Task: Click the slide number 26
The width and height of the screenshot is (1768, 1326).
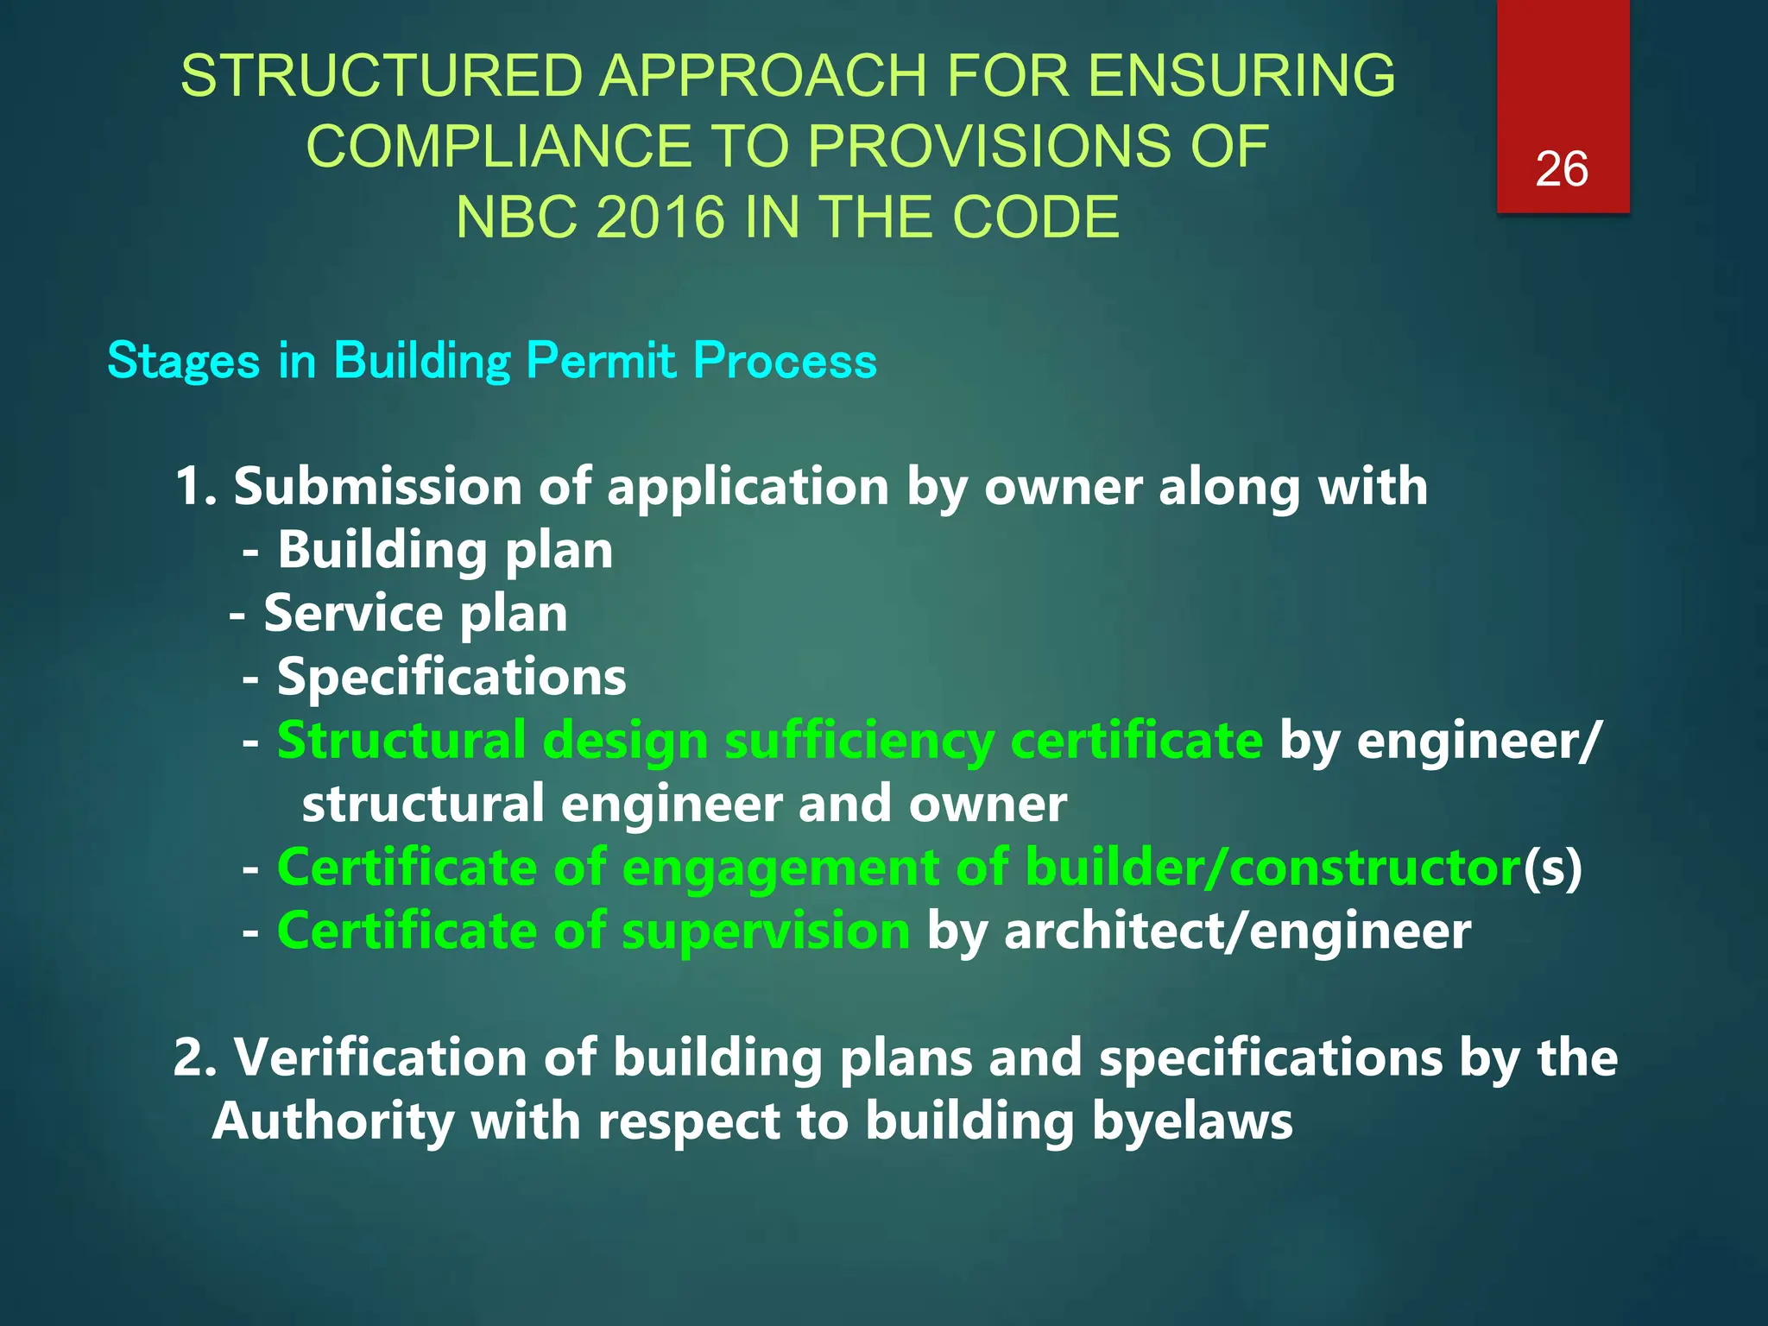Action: click(1561, 169)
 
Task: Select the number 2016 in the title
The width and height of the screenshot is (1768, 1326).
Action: click(660, 217)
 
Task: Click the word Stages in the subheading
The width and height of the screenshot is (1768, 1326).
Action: click(183, 361)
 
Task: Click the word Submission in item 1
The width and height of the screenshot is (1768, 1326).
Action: click(377, 487)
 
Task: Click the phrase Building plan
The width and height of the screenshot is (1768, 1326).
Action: click(445, 550)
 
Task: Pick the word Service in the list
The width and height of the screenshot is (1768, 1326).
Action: click(352, 614)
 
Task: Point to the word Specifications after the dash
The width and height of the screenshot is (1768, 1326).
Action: click(451, 677)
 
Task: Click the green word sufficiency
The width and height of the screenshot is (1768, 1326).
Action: click(859, 741)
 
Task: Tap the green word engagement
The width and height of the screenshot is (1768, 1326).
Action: click(780, 868)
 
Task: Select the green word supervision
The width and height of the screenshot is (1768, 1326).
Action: click(765, 931)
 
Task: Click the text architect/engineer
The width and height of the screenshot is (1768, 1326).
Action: click(1237, 931)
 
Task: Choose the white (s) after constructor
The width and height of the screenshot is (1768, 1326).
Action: click(1552, 868)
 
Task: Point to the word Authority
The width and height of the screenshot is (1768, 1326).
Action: click(332, 1121)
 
